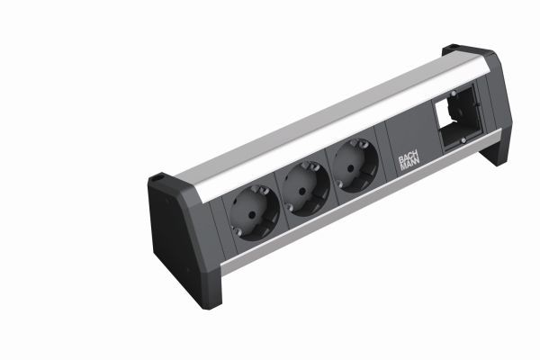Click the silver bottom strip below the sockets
[x=342, y=216]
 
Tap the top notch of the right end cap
[x=449, y=48]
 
